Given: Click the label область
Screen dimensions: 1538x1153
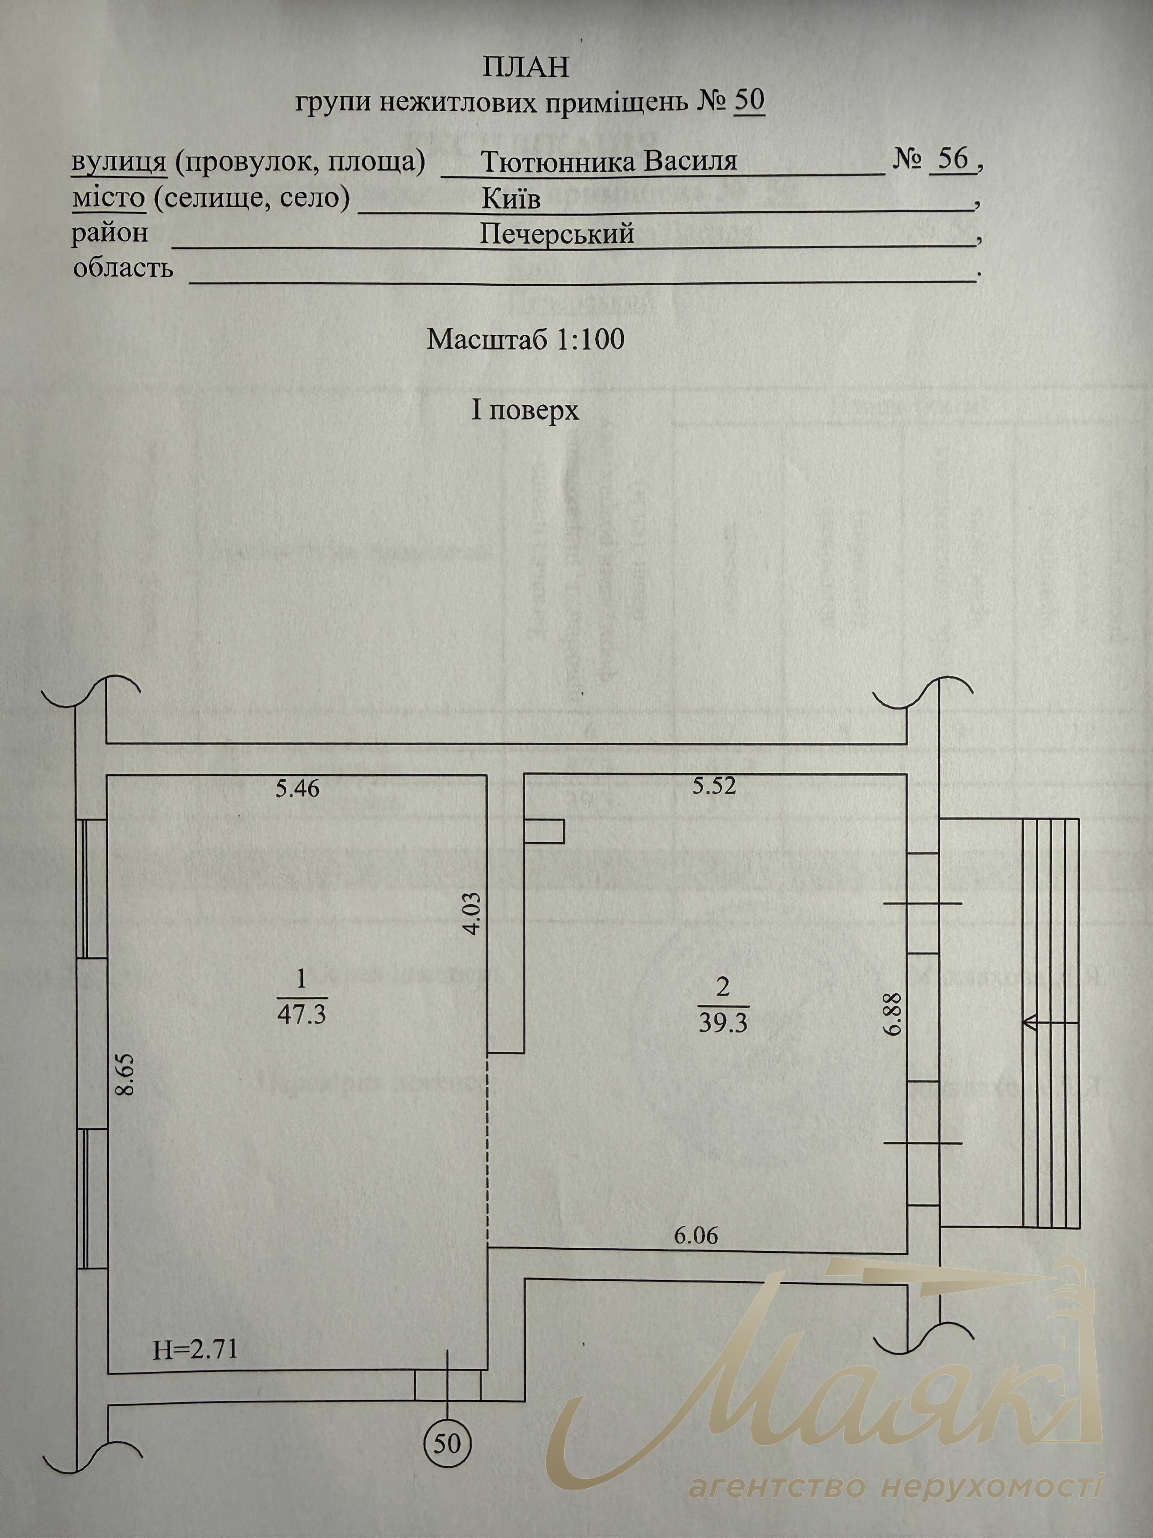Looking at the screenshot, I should click(x=123, y=268).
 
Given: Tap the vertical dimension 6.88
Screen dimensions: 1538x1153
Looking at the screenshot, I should click(x=894, y=1014).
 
